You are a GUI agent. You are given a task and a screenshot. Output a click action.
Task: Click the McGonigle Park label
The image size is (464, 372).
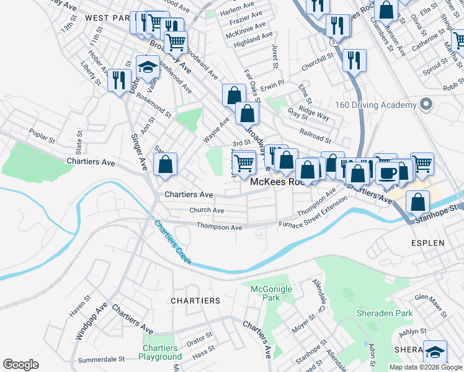(x=266, y=293)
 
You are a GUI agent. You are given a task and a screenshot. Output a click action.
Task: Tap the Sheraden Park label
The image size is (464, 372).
(x=385, y=313)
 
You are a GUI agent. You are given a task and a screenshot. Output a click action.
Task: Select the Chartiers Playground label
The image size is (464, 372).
(x=160, y=352)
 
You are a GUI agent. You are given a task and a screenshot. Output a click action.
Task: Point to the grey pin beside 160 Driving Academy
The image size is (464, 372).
(x=426, y=105)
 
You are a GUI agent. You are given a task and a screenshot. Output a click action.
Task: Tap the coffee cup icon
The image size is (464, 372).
(x=387, y=172)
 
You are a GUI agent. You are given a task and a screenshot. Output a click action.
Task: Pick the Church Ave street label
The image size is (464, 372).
(x=207, y=210)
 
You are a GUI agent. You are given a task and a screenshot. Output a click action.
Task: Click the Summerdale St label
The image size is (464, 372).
(x=102, y=359)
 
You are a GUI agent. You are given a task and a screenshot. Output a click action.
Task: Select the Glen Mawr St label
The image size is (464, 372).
(x=431, y=298)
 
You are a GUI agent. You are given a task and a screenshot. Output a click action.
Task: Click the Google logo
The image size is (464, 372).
(x=20, y=364)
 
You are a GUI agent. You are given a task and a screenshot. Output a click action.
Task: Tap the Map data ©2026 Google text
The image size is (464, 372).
(x=426, y=367)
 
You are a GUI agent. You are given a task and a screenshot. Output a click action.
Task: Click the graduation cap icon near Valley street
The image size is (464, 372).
(x=148, y=66)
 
